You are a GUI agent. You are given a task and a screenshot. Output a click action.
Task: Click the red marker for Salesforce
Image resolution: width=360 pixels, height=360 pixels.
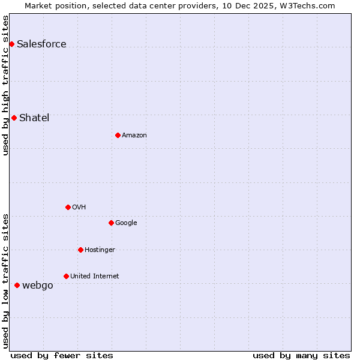pyautogui.click(x=11, y=44)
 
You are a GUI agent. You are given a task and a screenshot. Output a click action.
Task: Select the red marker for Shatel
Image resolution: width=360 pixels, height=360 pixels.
pyautogui.click(x=14, y=118)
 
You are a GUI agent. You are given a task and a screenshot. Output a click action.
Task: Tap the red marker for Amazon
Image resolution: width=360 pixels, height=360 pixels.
pyautogui.click(x=118, y=135)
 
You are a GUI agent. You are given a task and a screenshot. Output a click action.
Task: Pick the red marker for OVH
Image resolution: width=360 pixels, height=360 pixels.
pyautogui.click(x=68, y=207)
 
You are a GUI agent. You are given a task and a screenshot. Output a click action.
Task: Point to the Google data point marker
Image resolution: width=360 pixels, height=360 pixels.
pyautogui.click(x=111, y=223)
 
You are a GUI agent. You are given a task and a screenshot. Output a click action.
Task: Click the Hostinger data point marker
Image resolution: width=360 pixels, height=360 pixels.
pyautogui.click(x=80, y=250)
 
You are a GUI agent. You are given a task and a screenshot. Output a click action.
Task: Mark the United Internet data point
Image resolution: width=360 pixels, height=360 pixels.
pyautogui.click(x=66, y=276)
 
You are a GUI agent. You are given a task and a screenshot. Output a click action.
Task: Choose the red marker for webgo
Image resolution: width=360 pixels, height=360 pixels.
pyautogui.click(x=17, y=285)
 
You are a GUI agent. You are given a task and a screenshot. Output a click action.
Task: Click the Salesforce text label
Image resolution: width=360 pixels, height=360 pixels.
pyautogui.click(x=41, y=44)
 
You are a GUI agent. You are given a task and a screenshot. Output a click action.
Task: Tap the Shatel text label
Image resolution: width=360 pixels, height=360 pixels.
pyautogui.click(x=34, y=118)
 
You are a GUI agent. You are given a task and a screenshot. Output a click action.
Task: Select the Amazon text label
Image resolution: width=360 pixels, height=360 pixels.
pyautogui.click(x=134, y=135)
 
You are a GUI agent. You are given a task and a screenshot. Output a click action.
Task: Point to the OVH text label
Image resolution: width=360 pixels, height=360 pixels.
pyautogui.click(x=79, y=207)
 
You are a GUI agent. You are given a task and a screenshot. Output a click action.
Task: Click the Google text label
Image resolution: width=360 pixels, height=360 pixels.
pyautogui.click(x=126, y=223)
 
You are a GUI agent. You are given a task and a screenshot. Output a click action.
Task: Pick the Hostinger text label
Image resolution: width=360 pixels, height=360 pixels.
pyautogui.click(x=100, y=250)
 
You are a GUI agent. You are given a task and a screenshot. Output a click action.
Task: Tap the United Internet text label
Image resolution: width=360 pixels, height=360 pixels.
pyautogui.click(x=94, y=276)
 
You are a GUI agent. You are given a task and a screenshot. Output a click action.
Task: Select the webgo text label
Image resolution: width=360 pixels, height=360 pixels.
pyautogui.click(x=37, y=285)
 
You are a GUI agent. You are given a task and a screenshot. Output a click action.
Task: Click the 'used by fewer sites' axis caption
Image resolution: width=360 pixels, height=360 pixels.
pyautogui.click(x=62, y=355)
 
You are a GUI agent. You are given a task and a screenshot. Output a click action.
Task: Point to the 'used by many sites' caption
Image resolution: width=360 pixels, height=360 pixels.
pyautogui.click(x=301, y=355)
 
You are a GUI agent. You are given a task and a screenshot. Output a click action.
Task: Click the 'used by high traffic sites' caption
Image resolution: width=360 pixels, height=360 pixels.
pyautogui.click(x=6, y=85)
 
